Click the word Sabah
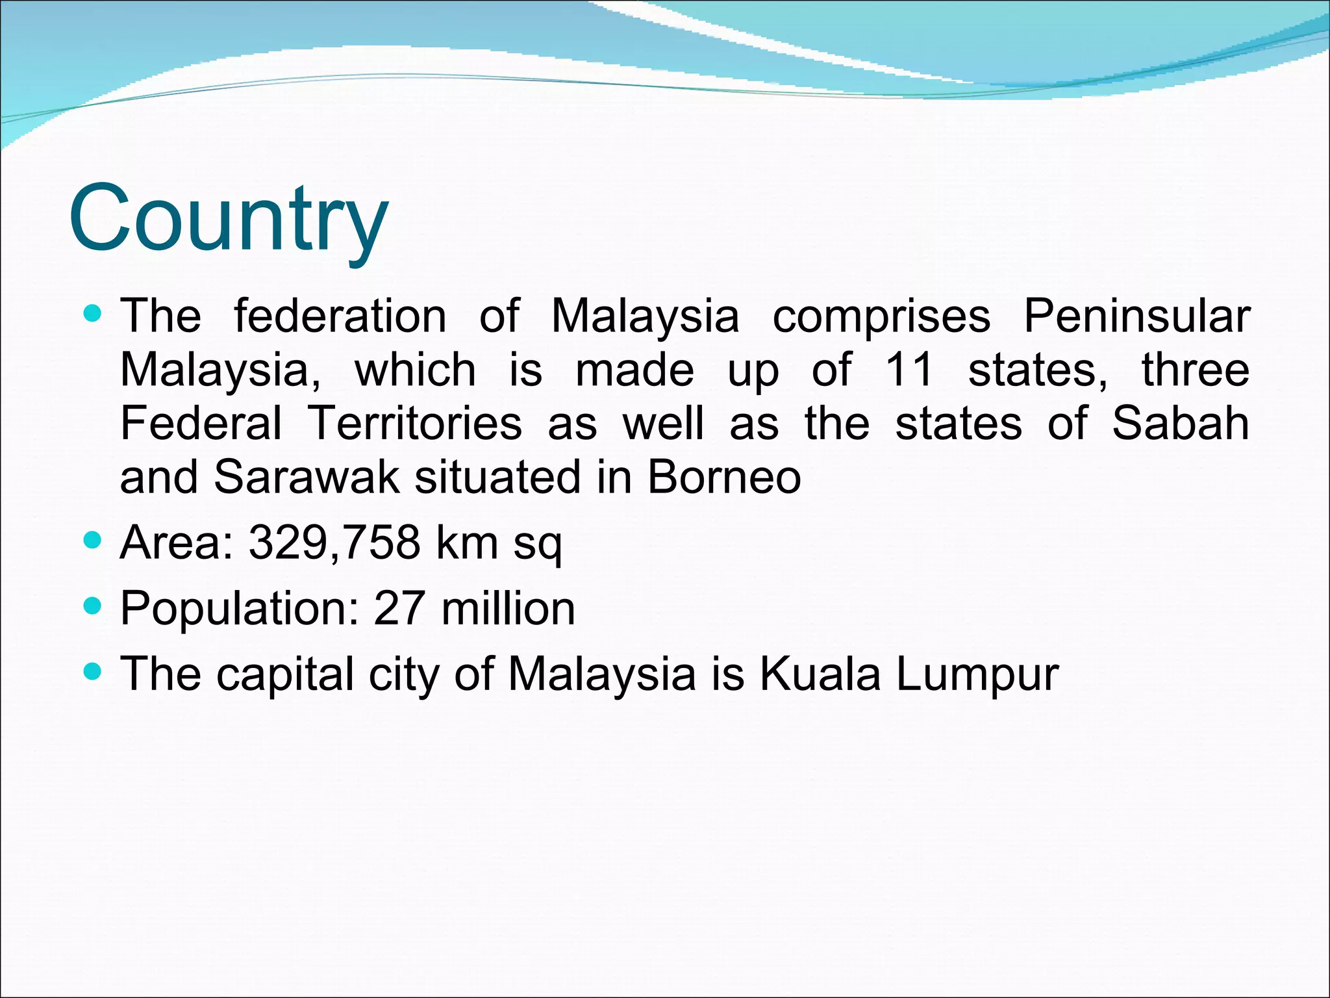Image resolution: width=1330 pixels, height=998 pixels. pos(1180,424)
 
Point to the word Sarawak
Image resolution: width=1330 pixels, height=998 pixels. pos(306,477)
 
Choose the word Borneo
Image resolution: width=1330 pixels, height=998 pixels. pos(724,477)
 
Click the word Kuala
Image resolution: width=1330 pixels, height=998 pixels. pos(820,674)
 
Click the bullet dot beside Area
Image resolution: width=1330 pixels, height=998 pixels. pos(94,540)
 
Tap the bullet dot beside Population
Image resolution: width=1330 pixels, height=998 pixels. pos(94,606)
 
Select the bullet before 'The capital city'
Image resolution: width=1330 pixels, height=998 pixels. pos(94,672)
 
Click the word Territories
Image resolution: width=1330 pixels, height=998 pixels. pos(415,424)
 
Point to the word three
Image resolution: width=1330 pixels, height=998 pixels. pos(1195,370)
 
